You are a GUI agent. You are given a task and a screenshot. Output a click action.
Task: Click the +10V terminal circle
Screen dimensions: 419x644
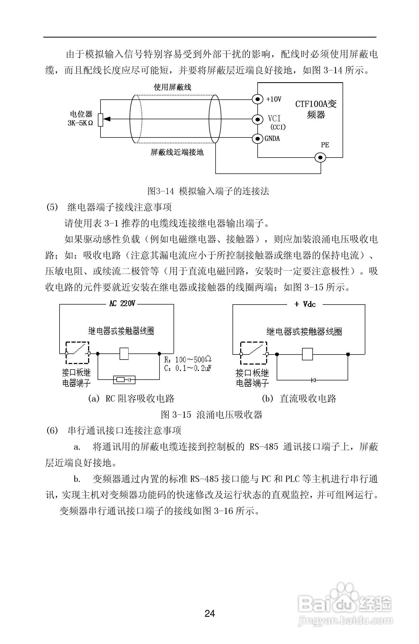[x=257, y=99]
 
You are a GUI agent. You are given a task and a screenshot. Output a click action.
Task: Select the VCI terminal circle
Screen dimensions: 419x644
[x=257, y=119]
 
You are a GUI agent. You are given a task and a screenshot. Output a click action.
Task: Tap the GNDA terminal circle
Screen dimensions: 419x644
[x=257, y=139]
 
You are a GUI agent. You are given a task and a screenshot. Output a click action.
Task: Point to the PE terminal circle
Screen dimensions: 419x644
[x=321, y=158]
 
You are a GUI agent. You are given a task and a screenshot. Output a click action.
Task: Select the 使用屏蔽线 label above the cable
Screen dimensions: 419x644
[x=172, y=87]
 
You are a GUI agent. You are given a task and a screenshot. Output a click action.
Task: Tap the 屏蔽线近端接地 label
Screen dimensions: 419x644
[x=177, y=152]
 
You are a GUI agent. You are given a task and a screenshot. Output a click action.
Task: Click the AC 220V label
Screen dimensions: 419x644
[x=122, y=303]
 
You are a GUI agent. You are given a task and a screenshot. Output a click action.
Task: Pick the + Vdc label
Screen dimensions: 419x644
[x=305, y=304]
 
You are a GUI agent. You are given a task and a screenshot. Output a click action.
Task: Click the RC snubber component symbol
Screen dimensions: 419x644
[x=124, y=380]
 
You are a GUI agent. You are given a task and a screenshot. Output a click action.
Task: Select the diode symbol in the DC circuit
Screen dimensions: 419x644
[x=313, y=380]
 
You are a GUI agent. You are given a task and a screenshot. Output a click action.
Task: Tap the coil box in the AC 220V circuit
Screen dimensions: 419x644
[x=124, y=353]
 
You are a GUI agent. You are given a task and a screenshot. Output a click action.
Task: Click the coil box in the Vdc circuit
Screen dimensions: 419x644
[x=307, y=354]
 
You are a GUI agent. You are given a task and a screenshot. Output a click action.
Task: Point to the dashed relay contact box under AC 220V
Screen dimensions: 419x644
[x=78, y=353]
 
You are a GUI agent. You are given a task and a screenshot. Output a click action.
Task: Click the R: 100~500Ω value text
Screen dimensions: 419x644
[x=188, y=360]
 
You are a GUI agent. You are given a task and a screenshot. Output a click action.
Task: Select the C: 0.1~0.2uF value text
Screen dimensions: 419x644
[x=188, y=368]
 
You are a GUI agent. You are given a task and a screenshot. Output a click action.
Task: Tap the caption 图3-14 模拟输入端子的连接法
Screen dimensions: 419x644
[x=208, y=191]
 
